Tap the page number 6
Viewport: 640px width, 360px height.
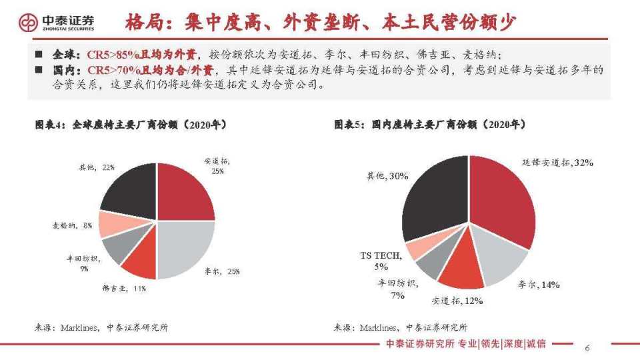click(x=587, y=348)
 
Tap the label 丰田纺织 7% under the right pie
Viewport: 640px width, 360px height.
click(x=398, y=289)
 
